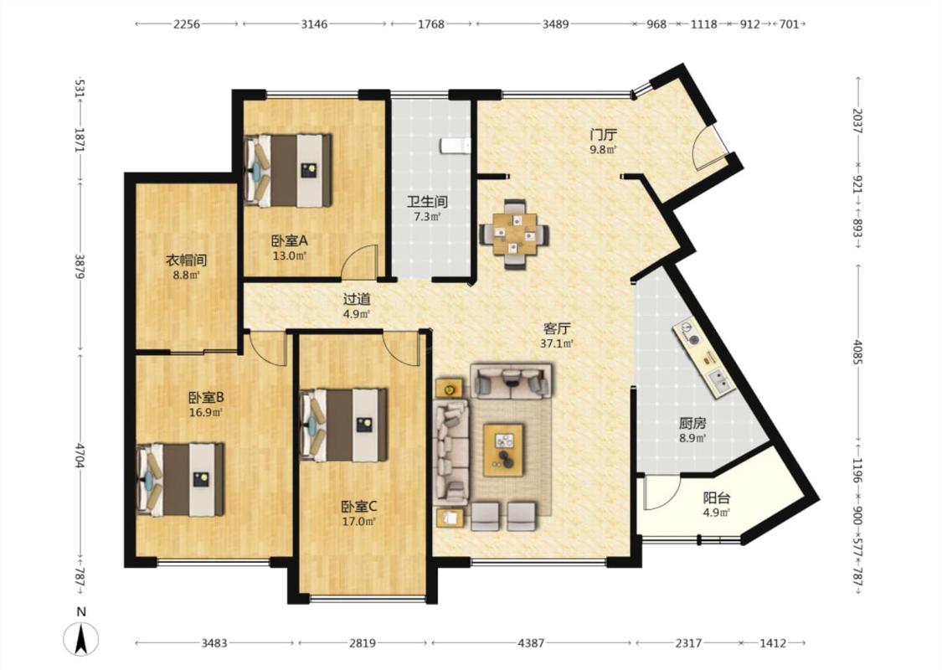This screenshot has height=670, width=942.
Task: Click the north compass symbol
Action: pos(81,638)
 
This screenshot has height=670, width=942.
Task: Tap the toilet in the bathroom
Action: pos(456,146)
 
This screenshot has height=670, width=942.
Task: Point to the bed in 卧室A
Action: pos(288,171)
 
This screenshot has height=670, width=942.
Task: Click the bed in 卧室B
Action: pos(180,480)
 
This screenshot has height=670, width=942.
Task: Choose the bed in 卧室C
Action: pos(343,425)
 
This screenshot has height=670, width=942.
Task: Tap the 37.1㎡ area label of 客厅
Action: pos(557,343)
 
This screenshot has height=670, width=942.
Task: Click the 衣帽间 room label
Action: pos(186,260)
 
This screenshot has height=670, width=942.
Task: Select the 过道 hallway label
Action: pos(356,299)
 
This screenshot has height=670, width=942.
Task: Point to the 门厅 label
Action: pos(603,135)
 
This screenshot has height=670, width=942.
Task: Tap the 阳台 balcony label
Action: pos(717,497)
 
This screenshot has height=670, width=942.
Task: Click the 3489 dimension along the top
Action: pos(555,24)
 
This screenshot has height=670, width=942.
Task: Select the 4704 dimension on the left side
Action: pos(80,456)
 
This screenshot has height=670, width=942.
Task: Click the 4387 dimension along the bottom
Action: pos(531,643)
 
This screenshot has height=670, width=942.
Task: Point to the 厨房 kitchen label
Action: pos(692,423)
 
